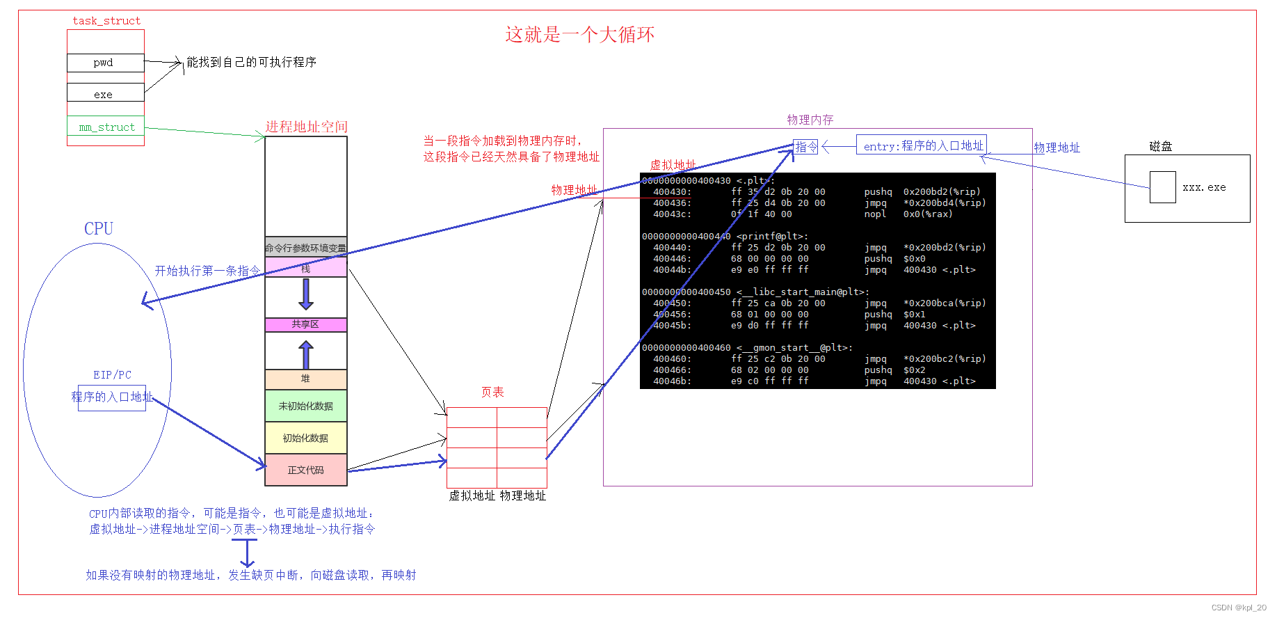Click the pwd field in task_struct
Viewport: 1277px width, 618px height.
click(105, 63)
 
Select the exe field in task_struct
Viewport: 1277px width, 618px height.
click(105, 93)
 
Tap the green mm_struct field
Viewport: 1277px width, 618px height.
click(106, 127)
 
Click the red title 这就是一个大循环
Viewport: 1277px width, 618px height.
click(579, 35)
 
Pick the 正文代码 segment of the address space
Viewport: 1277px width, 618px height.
click(305, 470)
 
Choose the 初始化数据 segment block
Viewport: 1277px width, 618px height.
click(305, 438)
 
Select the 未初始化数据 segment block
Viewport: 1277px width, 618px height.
click(305, 406)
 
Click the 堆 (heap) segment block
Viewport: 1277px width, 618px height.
click(305, 379)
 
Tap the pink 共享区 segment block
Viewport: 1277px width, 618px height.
click(305, 324)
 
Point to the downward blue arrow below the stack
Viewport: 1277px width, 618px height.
click(306, 294)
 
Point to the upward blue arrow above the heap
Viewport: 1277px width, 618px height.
click(306, 354)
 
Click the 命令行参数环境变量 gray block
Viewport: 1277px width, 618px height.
click(305, 247)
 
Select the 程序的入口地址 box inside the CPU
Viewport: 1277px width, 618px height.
click(112, 397)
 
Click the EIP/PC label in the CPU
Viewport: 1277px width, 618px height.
click(112, 374)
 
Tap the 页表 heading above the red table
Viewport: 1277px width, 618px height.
click(492, 393)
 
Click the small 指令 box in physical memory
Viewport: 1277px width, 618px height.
click(805, 147)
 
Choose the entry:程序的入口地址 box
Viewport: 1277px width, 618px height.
click(922, 145)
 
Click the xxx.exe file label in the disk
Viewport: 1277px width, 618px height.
click(1204, 187)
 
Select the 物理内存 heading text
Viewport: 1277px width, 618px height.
click(810, 120)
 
